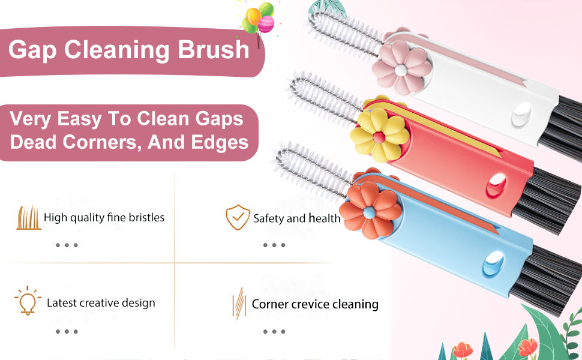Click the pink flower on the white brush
401,67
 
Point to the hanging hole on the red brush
496,185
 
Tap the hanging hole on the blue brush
493,263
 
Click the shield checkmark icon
238,217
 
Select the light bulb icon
28,301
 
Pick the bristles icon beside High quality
29,218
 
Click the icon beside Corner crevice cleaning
239,303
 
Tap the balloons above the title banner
259,19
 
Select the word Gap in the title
32,51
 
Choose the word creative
98,303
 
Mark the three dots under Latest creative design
67,331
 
